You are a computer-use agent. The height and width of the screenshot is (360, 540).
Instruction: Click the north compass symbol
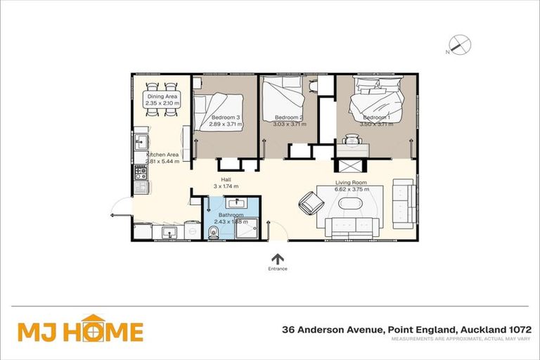(x=460, y=46)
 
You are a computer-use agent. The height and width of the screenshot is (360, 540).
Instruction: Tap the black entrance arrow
(x=278, y=259)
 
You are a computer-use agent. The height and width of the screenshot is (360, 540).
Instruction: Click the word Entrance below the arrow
(x=278, y=269)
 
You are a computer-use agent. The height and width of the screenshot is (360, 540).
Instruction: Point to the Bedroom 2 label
(x=288, y=117)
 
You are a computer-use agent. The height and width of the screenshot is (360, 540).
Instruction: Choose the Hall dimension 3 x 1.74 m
(x=226, y=187)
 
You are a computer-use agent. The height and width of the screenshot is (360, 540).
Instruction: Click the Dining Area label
(x=162, y=96)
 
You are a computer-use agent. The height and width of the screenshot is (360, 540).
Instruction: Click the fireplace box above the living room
(x=349, y=167)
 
